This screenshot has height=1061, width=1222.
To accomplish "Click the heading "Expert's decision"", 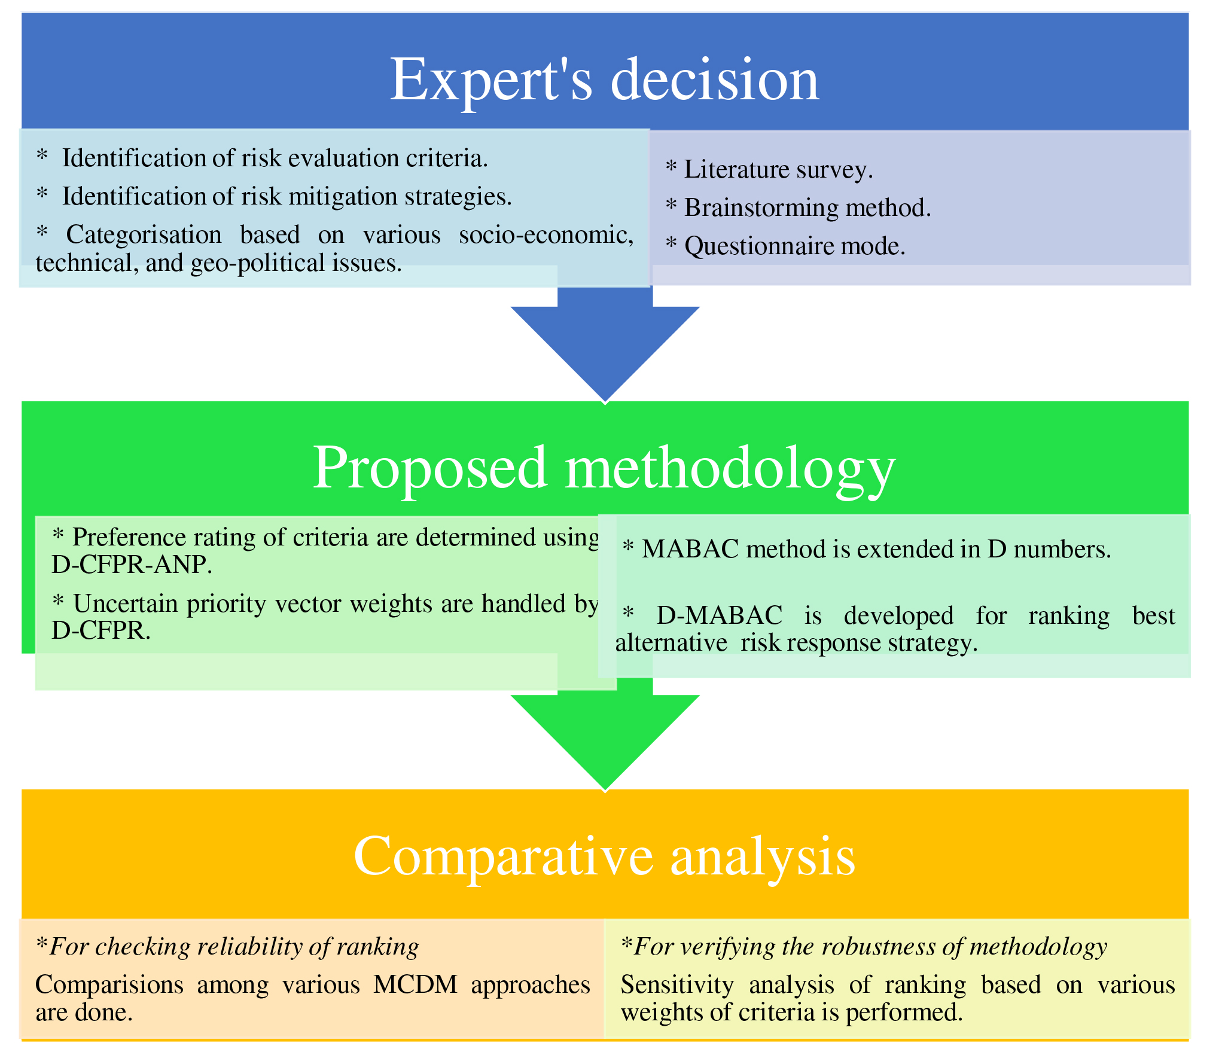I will point(604,80).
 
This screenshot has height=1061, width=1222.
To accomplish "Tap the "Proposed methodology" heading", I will point(604,468).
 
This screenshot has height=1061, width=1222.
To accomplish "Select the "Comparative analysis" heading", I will point(604,856).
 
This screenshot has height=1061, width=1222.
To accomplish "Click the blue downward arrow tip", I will point(605,397).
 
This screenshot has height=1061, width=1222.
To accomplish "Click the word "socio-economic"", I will point(546,234).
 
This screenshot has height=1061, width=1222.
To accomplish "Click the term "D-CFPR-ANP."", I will point(132,565).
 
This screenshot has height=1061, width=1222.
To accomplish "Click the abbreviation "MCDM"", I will point(415,985).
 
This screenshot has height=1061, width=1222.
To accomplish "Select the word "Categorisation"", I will point(144,234).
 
